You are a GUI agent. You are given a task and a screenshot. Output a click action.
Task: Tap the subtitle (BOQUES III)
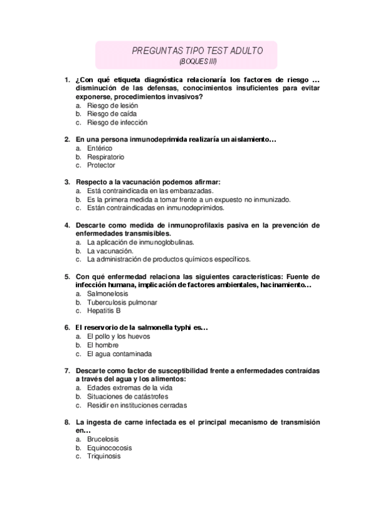coord(198,61)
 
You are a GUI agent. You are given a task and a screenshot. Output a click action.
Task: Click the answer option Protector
coord(102,166)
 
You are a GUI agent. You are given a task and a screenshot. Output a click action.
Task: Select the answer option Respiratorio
coord(106,158)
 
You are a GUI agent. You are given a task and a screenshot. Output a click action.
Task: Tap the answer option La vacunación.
coord(110,250)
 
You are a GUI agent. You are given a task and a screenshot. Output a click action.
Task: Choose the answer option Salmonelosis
coord(108,294)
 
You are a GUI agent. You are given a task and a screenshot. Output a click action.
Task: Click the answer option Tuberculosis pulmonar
coord(122,302)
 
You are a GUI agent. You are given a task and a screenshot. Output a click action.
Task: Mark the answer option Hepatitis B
coord(104,310)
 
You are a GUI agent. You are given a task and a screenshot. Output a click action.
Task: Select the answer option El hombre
coord(103,345)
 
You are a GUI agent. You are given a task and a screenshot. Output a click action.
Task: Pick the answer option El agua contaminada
coord(119,354)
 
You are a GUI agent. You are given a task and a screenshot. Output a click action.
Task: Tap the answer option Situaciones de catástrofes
coord(128,397)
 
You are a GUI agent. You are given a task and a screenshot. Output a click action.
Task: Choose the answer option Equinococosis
coord(110,448)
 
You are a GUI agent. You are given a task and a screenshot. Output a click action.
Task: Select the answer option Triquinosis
coord(104,456)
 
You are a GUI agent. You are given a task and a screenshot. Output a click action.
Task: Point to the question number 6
coord(67,328)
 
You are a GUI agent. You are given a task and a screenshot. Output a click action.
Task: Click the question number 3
coord(67,182)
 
